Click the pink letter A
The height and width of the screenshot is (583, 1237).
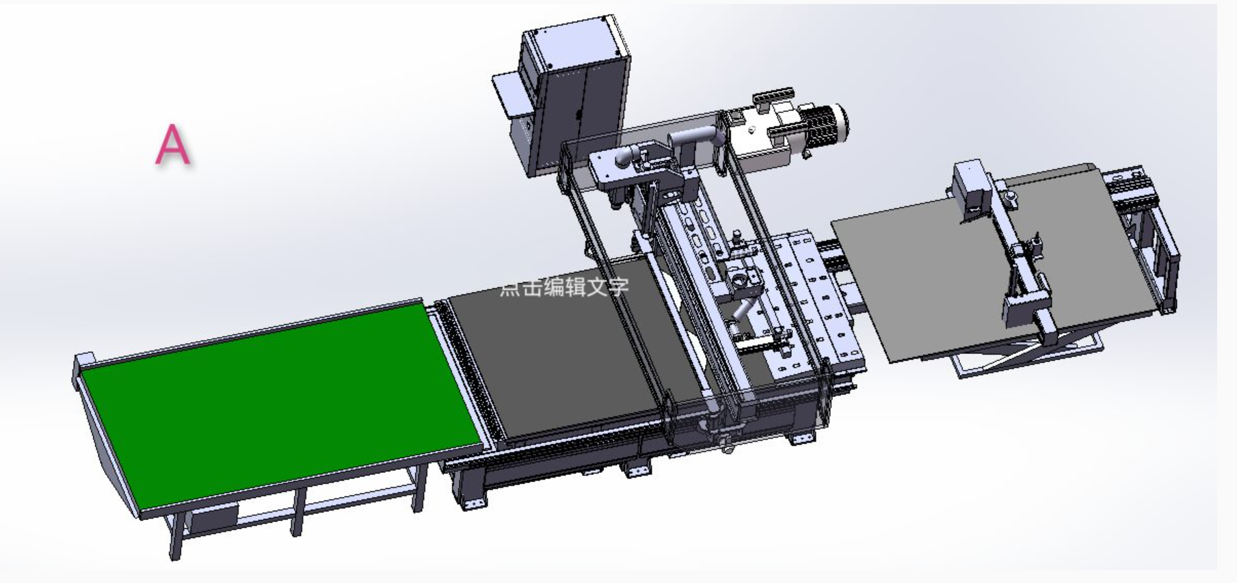click(x=172, y=144)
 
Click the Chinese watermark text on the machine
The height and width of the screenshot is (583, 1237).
click(x=564, y=287)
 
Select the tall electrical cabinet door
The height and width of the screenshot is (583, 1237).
click(x=581, y=109)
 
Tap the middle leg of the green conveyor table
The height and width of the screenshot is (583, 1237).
click(x=297, y=513)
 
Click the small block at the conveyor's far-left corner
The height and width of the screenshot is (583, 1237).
click(x=85, y=362)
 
